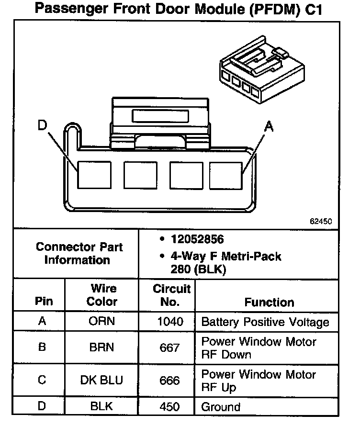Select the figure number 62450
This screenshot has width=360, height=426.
321,222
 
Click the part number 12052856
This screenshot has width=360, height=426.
197,239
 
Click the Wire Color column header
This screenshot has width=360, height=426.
102,295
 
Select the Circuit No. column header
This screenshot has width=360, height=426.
172,295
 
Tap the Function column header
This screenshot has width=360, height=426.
269,302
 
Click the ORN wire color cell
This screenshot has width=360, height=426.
101,321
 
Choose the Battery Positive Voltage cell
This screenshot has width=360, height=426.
265,322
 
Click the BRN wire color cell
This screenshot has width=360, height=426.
101,347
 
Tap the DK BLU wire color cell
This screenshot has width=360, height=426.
101,380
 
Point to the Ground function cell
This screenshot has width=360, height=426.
221,407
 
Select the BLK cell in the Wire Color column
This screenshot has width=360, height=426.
101,407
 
